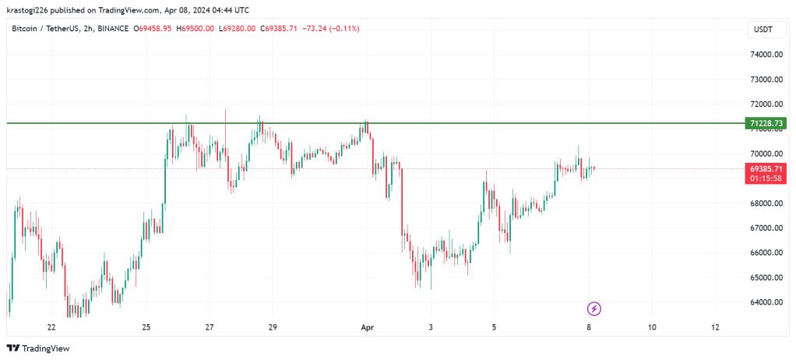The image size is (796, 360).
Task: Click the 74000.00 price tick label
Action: coord(766,55)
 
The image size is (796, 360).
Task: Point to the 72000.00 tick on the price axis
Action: coord(766,104)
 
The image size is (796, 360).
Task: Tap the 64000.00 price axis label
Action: coord(766,303)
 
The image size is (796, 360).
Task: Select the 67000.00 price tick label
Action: coord(766,228)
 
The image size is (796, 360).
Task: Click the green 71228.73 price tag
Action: coord(766,123)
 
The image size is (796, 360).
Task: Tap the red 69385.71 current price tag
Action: coord(766,168)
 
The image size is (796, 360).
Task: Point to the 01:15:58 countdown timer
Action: coord(766,178)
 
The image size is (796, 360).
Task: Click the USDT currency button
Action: coord(763,30)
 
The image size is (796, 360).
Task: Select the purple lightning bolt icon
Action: coord(594,309)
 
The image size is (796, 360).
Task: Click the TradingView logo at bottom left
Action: coord(38,348)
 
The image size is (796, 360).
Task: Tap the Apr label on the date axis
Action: coord(367,328)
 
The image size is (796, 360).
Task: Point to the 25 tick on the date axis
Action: coord(146,328)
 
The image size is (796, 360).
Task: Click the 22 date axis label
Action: coord(51,328)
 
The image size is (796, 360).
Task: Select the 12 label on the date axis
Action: coord(715,328)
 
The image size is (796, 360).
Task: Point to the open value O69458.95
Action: coord(152,29)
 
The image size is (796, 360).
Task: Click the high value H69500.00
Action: coord(195,29)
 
